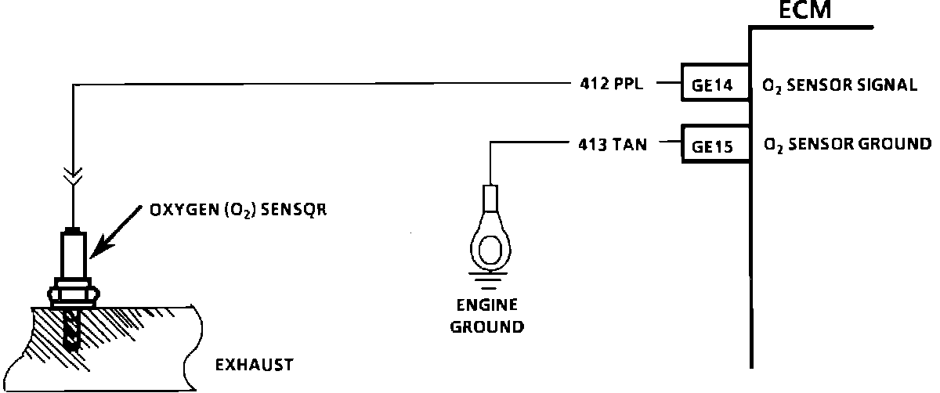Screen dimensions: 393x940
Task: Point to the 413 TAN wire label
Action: click(608, 144)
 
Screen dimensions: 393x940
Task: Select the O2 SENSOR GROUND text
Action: click(847, 144)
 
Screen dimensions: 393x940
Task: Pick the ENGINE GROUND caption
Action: click(487, 315)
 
